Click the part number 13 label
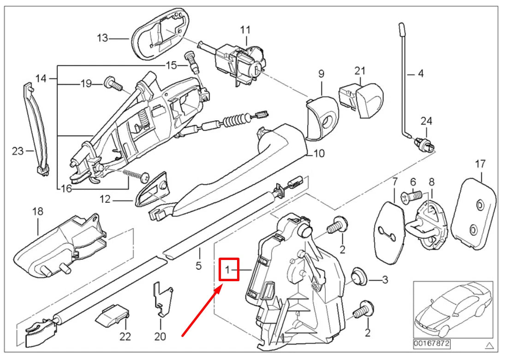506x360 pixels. point(102,38)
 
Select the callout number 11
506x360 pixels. point(245,30)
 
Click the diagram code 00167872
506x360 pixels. point(432,344)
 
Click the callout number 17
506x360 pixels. point(480,163)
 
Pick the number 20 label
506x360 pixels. point(160,336)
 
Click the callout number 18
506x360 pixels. point(37,212)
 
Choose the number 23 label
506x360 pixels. point(18,151)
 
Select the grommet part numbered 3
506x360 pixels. point(358,277)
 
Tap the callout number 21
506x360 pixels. point(360,71)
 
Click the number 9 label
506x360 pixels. point(321,73)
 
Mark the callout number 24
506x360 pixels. point(427,121)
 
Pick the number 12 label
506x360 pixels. point(105,200)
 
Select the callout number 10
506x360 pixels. point(319,153)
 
